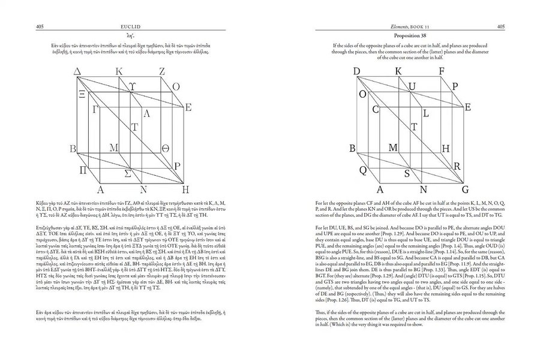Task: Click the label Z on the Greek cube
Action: (x=162, y=72)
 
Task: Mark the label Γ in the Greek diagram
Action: (x=95, y=109)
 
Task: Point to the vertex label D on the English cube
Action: (x=357, y=72)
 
